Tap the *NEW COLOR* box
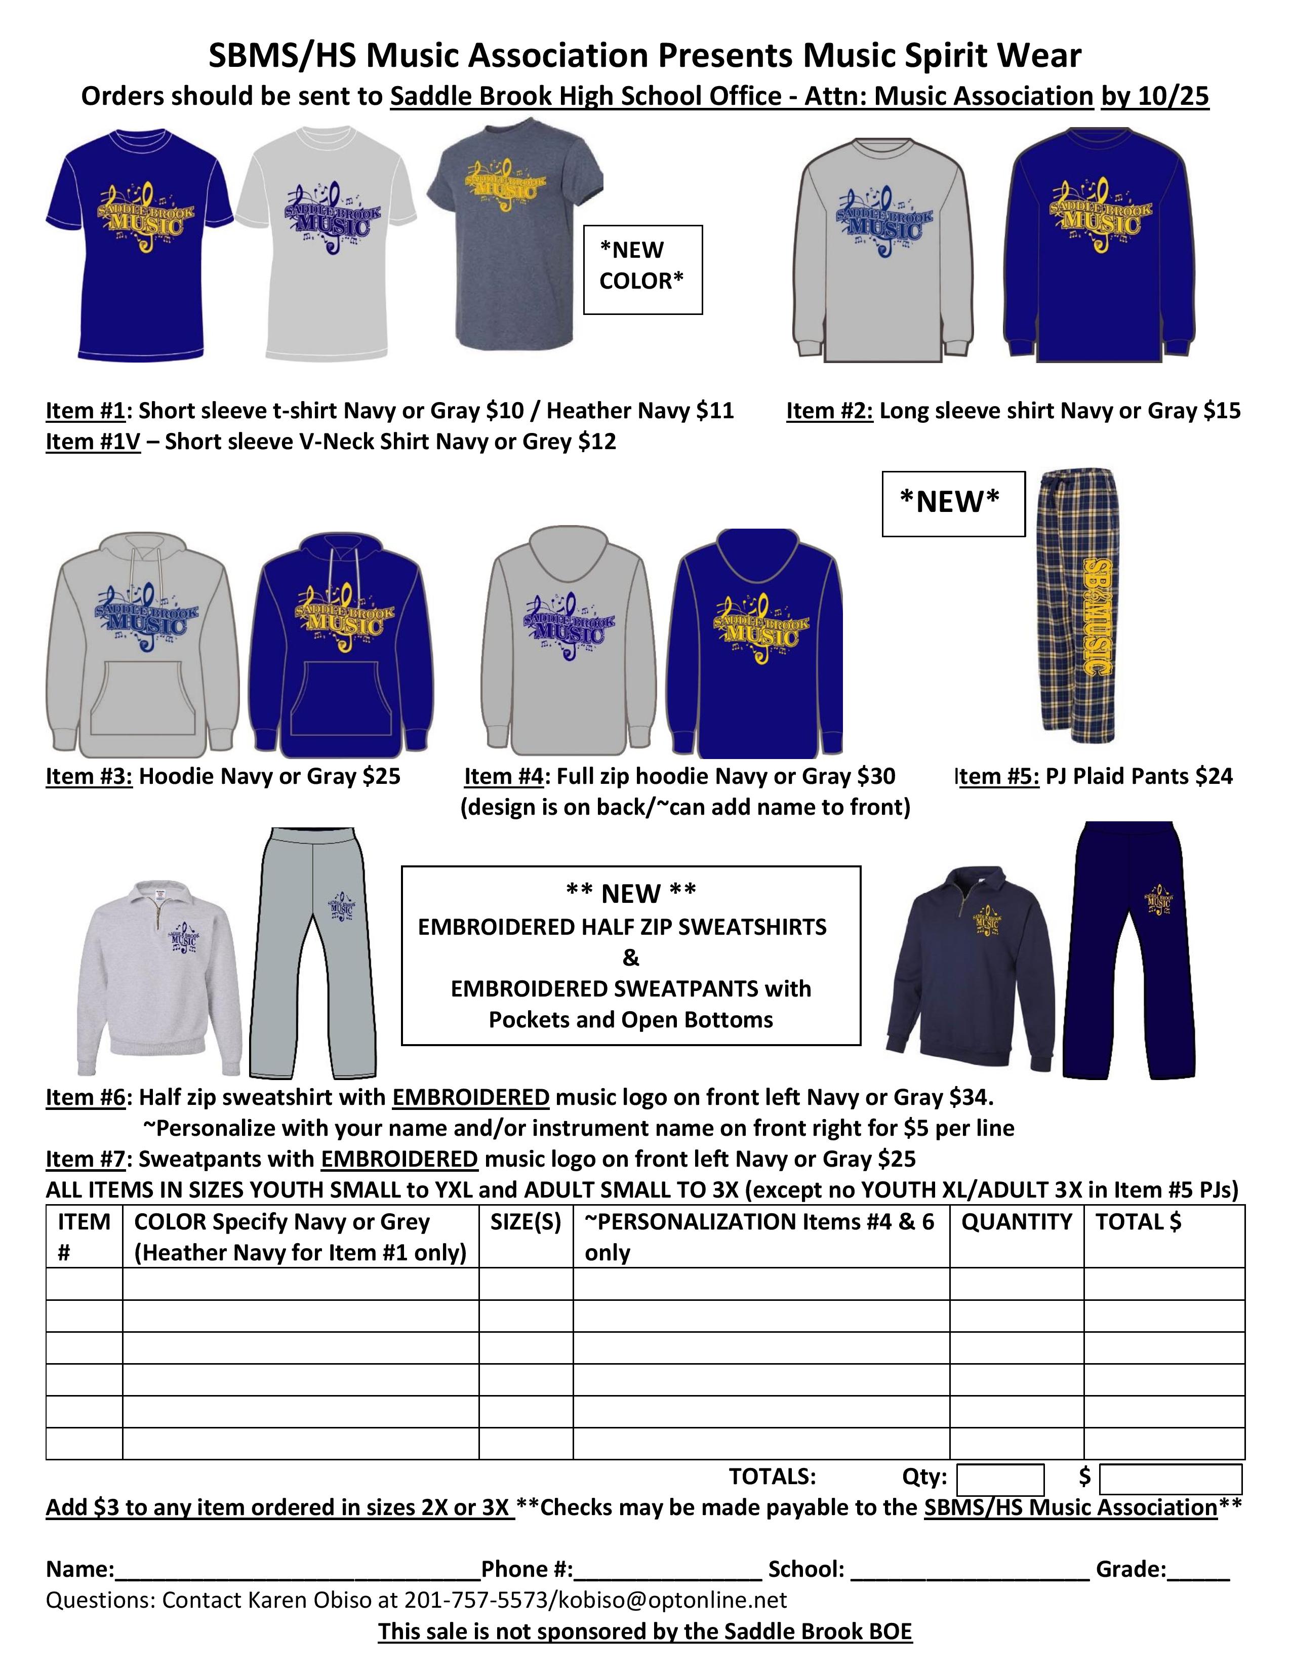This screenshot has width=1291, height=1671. (642, 269)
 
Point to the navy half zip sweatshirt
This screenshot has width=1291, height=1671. (970, 957)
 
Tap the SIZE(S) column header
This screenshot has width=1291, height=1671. (526, 1222)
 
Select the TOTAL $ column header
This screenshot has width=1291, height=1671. (1138, 1222)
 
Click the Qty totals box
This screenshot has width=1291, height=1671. (999, 1477)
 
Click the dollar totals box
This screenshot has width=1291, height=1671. (1170, 1477)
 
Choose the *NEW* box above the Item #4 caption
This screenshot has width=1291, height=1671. (952, 503)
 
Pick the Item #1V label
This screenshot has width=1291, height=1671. (93, 442)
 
